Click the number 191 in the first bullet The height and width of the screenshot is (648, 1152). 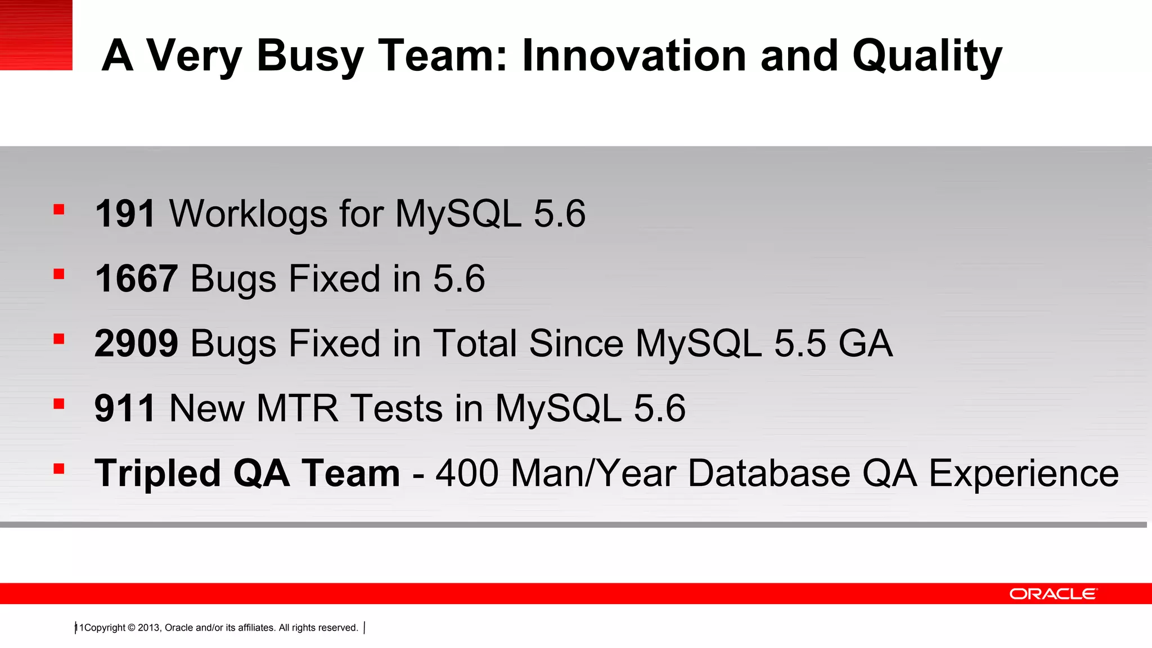click(125, 214)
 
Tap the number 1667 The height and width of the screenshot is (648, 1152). click(136, 279)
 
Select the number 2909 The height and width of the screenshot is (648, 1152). click(136, 344)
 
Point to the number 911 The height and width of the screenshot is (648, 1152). click(125, 408)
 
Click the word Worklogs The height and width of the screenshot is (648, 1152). click(249, 214)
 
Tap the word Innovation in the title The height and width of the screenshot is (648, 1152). click(634, 56)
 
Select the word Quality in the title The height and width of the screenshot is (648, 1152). click(927, 56)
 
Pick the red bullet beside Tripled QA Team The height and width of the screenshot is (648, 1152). click(59, 469)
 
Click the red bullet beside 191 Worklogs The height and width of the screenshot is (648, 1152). click(59, 210)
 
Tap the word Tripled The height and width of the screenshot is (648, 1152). click(157, 474)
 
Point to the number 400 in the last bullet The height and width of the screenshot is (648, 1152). click(467, 474)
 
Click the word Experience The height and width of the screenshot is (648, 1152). click(1023, 474)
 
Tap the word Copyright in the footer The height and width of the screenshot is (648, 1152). click(105, 628)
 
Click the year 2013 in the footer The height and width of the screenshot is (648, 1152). click(148, 628)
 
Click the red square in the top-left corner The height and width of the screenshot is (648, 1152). click(36, 35)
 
